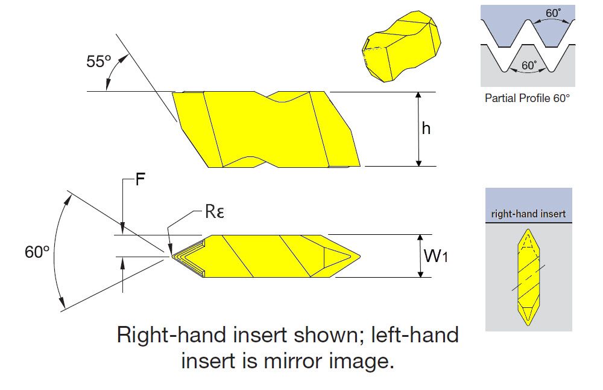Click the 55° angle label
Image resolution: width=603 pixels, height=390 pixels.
coord(99,62)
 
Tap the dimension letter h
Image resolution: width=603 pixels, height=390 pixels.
coord(426,129)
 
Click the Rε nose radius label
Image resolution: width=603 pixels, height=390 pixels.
coord(215,213)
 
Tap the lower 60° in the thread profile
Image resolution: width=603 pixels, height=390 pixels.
coord(529,65)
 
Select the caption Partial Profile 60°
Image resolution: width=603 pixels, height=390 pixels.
coord(527,97)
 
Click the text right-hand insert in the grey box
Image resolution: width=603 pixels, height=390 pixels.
coord(528,214)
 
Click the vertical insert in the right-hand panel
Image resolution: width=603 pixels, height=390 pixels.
coord(528,277)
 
